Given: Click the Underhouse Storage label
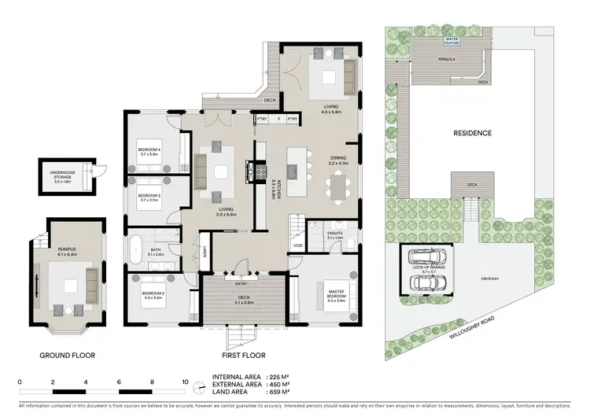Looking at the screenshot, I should point(66,178).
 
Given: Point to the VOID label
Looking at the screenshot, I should point(297,245).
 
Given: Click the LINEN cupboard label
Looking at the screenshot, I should point(203,252).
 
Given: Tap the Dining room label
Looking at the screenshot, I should point(338,161).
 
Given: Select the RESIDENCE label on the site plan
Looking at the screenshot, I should point(472,133).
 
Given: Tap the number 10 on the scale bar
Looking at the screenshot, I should point(185,382).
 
